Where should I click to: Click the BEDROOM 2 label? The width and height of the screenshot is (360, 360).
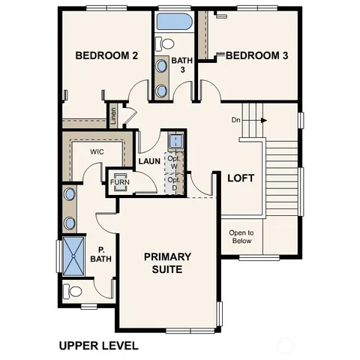click(106, 55)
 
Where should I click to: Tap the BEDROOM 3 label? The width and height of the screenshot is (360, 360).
click(257, 55)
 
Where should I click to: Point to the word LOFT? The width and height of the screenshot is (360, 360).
click(241, 178)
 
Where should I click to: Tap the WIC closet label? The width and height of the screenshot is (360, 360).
click(96, 151)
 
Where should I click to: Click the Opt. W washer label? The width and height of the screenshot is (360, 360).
click(173, 163)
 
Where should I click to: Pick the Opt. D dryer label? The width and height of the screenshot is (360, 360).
click(173, 184)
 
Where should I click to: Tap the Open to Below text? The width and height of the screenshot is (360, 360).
click(241, 237)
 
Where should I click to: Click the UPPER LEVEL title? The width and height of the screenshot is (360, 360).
click(98, 346)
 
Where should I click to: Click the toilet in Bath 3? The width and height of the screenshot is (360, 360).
click(166, 43)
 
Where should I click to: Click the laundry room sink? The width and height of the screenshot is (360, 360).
click(175, 141)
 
